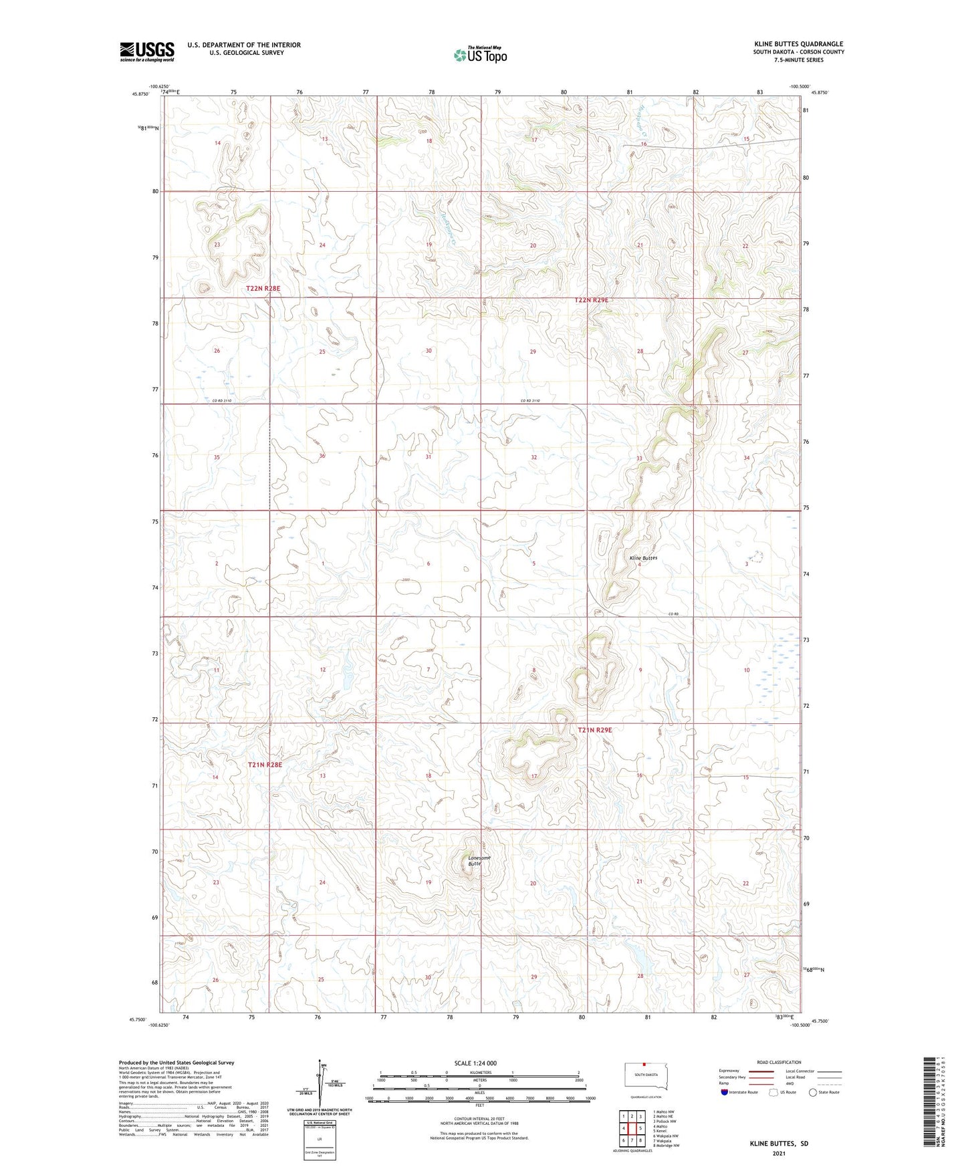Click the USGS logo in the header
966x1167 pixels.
[x=147, y=51]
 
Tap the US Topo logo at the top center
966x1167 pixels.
[x=480, y=55]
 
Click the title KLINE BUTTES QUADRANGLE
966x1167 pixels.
[x=798, y=44]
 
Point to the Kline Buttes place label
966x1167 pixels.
[x=643, y=557]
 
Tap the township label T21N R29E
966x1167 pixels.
[x=595, y=730]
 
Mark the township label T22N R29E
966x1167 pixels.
[x=592, y=300]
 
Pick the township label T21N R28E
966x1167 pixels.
[x=265, y=764]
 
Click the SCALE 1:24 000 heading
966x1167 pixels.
[x=475, y=1063]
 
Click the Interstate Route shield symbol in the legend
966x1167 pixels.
[x=725, y=1092]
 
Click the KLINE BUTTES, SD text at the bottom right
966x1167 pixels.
[x=779, y=1144]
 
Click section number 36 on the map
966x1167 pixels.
[x=322, y=456]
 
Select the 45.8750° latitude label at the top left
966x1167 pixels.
[x=140, y=94]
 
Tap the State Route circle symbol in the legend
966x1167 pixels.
[x=813, y=1092]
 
